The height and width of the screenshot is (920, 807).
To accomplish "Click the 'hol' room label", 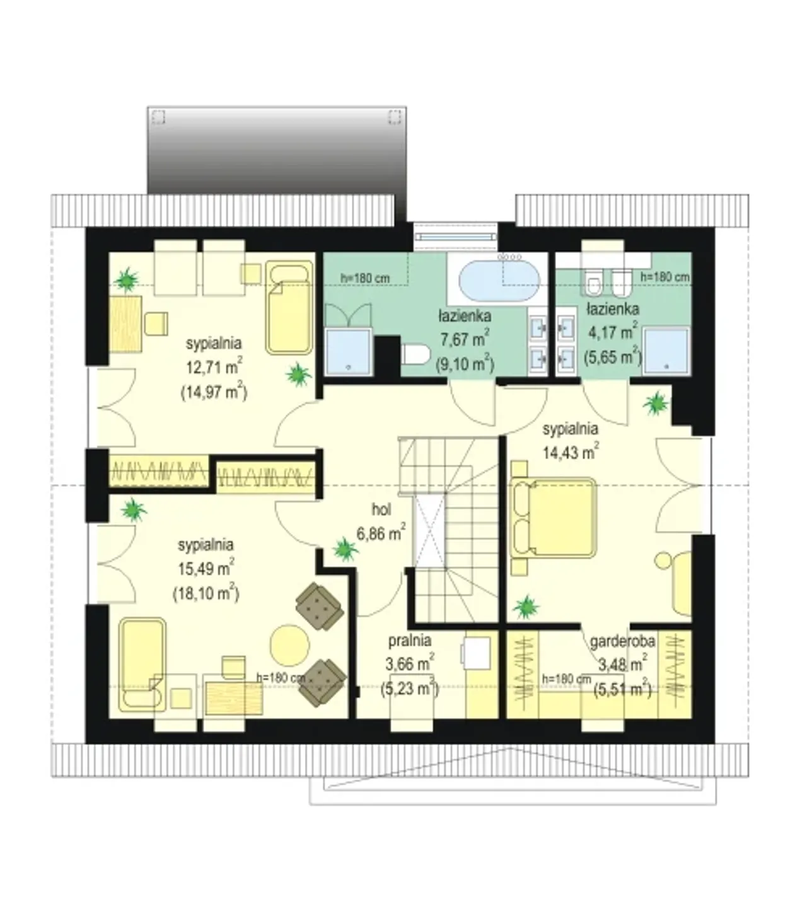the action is pyautogui.click(x=381, y=509).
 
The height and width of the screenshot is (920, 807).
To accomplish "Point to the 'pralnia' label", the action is pyautogui.click(x=410, y=641).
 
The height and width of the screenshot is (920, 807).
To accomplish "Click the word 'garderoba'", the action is pyautogui.click(x=622, y=641).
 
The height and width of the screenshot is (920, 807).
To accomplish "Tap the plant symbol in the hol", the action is pyautogui.click(x=345, y=549).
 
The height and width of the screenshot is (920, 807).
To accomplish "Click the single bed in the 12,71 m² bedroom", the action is pyautogui.click(x=289, y=307).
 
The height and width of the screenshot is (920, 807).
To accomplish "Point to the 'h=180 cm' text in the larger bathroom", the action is pyautogui.click(x=365, y=278).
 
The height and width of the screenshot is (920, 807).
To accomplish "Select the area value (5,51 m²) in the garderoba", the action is pyautogui.click(x=623, y=690).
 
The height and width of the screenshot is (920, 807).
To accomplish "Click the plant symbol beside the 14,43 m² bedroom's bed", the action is pyautogui.click(x=526, y=607).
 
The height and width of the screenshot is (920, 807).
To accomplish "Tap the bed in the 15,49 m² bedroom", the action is pyautogui.click(x=142, y=664).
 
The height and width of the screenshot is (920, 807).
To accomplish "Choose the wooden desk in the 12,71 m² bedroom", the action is pyautogui.click(x=125, y=324).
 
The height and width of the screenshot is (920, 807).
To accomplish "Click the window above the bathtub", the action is pyautogui.click(x=455, y=236).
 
